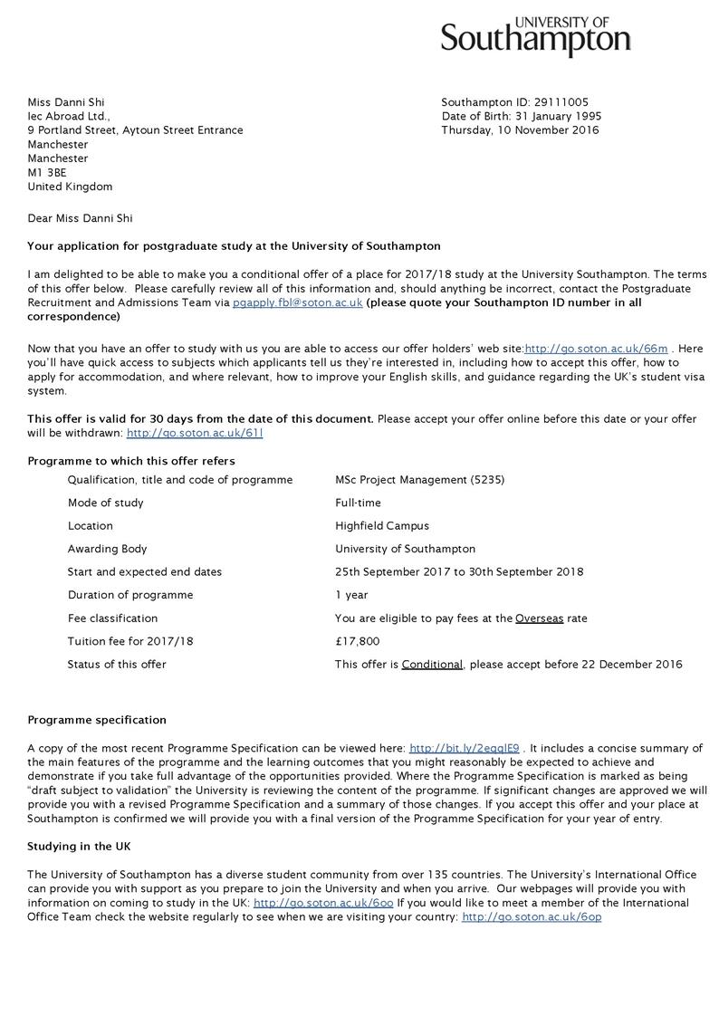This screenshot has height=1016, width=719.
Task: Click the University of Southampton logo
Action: pyautogui.click(x=535, y=36)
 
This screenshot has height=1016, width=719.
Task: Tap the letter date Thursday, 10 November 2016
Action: pyautogui.click(x=520, y=130)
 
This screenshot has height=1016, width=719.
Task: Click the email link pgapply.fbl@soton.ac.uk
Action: pyautogui.click(x=297, y=303)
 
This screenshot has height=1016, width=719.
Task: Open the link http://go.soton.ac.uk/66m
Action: pyautogui.click(x=596, y=349)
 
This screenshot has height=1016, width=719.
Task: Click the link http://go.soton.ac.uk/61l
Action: pyautogui.click(x=195, y=433)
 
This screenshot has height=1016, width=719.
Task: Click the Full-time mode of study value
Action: pyautogui.click(x=358, y=503)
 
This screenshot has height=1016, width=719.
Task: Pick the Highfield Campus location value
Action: pyautogui.click(x=381, y=526)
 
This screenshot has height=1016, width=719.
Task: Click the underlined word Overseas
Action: pyautogui.click(x=539, y=618)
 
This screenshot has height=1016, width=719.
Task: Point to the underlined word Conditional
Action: pyautogui.click(x=433, y=665)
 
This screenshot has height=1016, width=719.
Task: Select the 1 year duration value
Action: pyautogui.click(x=351, y=595)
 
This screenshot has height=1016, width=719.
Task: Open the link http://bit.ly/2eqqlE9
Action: pyautogui.click(x=464, y=749)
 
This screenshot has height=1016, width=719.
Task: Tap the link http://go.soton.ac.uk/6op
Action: pyautogui.click(x=531, y=917)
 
